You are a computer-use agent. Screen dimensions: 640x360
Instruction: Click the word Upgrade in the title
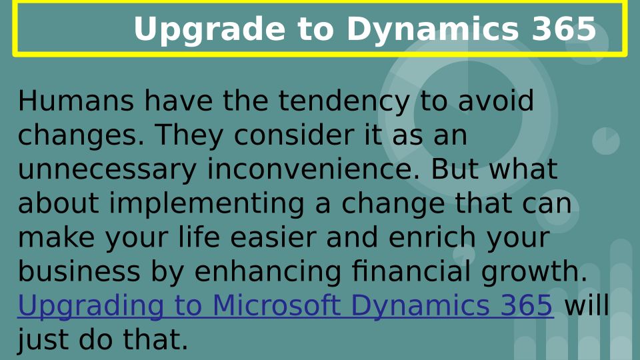click(x=209, y=29)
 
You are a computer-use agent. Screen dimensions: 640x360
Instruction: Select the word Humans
click(x=76, y=101)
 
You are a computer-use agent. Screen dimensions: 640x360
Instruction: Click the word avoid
click(x=495, y=101)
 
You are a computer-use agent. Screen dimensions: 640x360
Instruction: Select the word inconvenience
click(x=313, y=169)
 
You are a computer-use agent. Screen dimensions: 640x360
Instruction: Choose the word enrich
click(x=432, y=237)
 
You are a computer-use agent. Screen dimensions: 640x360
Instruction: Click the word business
click(x=79, y=271)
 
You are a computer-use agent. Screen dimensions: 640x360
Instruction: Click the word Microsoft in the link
click(x=276, y=305)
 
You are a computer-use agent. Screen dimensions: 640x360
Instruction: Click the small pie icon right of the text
click(x=606, y=141)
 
